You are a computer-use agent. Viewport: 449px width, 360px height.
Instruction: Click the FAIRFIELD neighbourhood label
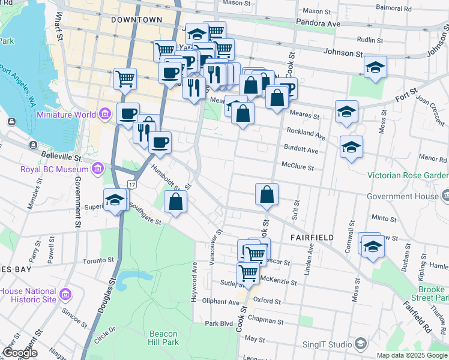pos(312,238)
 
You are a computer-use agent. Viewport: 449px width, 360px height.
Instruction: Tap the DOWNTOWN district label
pos(137,20)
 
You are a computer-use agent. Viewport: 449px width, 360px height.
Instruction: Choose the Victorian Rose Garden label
pos(408,175)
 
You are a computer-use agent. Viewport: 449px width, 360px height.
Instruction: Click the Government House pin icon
pos(445,195)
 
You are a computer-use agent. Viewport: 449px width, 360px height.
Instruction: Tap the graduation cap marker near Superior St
pos(115,200)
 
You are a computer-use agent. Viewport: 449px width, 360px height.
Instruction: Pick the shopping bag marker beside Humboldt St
pos(175,202)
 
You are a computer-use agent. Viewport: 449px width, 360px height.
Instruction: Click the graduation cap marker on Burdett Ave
pos(351,146)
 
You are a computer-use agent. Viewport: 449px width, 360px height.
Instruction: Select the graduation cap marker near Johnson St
pos(375,67)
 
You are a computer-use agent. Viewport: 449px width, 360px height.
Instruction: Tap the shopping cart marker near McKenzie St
pos(248,273)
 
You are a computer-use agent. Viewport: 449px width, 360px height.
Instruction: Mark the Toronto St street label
pos(98,261)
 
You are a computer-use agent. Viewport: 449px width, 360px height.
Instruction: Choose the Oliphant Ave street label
pos(220,302)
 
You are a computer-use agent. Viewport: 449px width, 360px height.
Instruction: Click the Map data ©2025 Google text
pos(412,355)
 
